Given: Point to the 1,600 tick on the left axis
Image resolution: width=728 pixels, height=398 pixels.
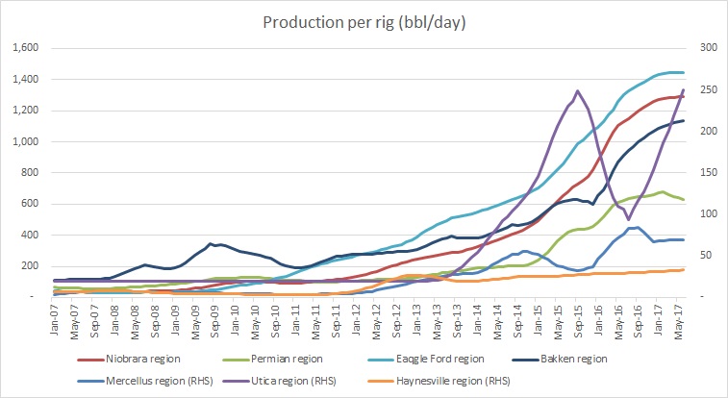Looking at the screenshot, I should click(24, 48).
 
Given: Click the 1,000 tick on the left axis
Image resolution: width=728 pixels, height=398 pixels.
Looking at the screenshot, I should click(24, 141).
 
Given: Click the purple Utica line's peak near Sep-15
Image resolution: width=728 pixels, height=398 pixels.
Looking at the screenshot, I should click(577, 91).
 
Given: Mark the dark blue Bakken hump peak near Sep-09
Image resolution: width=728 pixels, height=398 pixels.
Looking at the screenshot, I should click(211, 243).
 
